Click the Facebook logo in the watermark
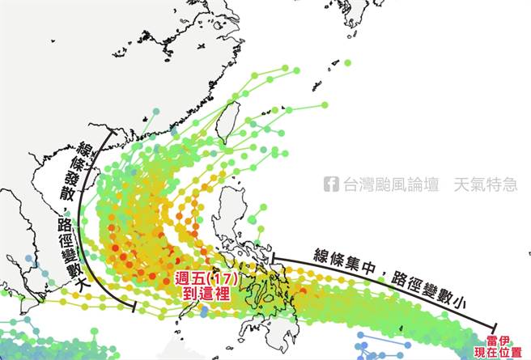click(331, 184)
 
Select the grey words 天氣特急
click(485, 184)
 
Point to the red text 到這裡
click(202, 294)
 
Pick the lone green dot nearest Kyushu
click(347, 62)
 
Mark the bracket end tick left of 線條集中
click(274, 260)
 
